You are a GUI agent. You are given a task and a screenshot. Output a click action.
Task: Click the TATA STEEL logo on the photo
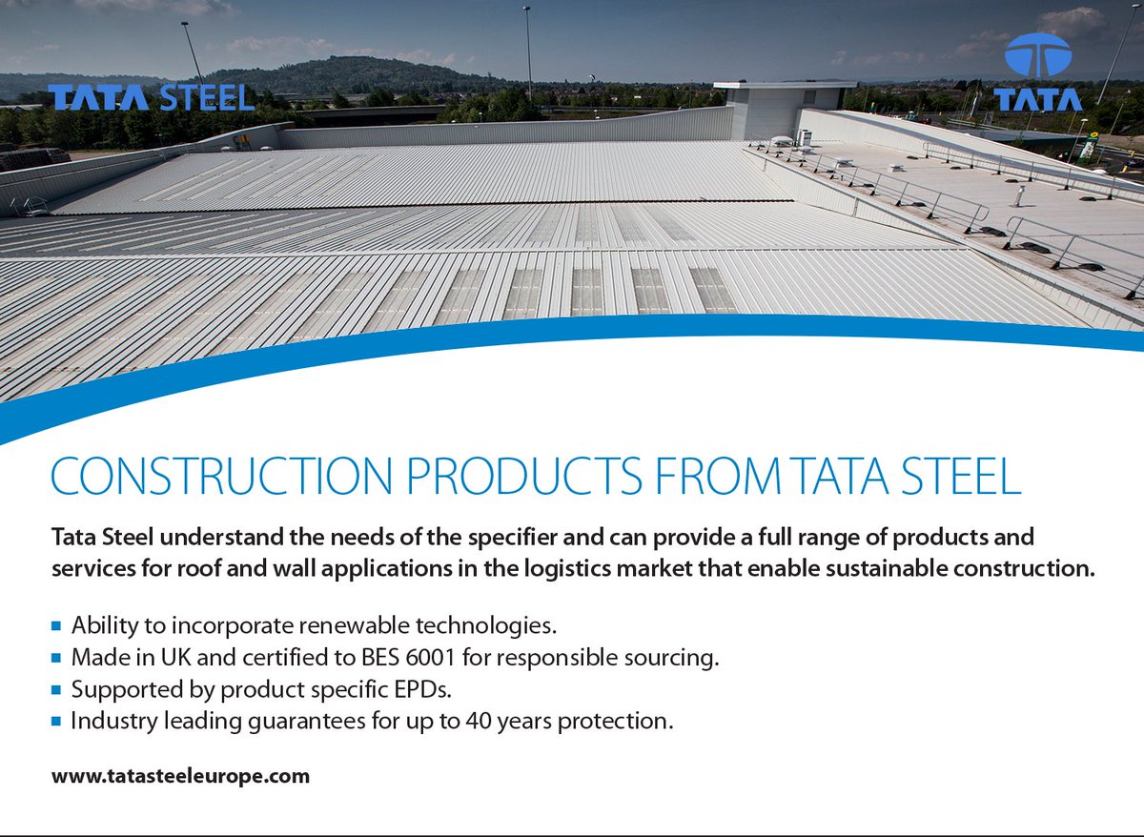[x=152, y=97]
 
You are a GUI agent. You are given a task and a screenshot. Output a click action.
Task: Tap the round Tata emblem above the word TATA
[x=1037, y=55]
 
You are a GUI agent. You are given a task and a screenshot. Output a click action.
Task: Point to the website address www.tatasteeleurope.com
[x=181, y=776]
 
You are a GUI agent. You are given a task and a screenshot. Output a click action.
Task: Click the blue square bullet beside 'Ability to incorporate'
[x=56, y=627]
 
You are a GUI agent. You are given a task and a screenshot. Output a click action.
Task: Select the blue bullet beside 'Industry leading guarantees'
[x=56, y=722]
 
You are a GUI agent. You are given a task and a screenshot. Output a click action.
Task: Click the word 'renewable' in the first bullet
[x=354, y=626]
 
